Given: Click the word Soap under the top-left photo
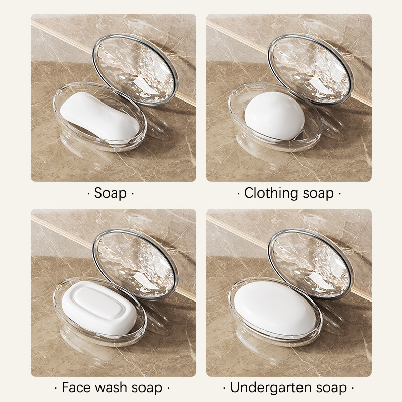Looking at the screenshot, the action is tap(111, 193).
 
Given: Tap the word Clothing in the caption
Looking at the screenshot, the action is tap(271, 193).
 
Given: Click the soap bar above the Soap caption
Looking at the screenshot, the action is tap(100, 117).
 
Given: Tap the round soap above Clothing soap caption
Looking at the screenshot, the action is tap(274, 116).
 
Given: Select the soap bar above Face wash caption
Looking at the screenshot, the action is tap(99, 309).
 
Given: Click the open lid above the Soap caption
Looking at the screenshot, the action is tap(135, 69).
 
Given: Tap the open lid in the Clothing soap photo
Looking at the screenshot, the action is tap(311, 69).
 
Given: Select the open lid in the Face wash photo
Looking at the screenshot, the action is tap(135, 264).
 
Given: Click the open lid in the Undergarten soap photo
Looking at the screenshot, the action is tap(311, 264).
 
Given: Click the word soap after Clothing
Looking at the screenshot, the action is tap(318, 194).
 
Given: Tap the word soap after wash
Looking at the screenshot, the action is tap(147, 388).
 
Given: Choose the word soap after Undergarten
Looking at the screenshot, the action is tap(331, 388).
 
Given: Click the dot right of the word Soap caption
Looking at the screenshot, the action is tap(133, 193).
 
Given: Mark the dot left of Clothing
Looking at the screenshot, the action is tap(238, 193).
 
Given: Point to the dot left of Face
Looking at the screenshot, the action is tap(56, 388).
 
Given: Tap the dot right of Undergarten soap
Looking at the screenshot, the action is tap(353, 388).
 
